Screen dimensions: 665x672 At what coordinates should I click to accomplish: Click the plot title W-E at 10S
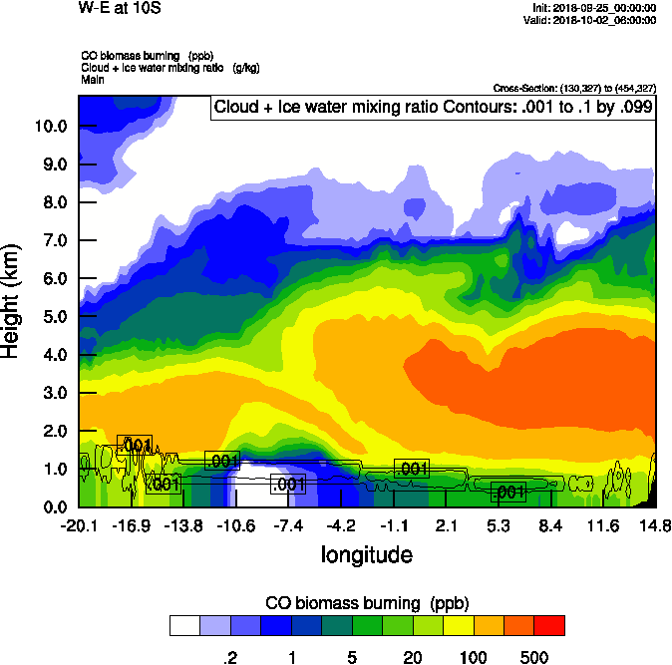pos(120,9)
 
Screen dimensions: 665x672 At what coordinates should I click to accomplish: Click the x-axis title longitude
pos(366,554)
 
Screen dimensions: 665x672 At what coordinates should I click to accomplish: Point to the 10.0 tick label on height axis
pos(51,127)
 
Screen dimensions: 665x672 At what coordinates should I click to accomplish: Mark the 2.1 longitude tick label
pos(446,526)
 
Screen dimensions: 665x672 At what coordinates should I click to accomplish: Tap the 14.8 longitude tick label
pos(655,526)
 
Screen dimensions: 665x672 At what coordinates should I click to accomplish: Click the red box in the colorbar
pos(549,625)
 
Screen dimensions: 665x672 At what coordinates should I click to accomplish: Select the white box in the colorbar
pos(184,625)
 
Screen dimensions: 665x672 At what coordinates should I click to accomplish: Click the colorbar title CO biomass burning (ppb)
pos(366,603)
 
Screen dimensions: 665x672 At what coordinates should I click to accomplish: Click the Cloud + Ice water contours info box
pos(433,107)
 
